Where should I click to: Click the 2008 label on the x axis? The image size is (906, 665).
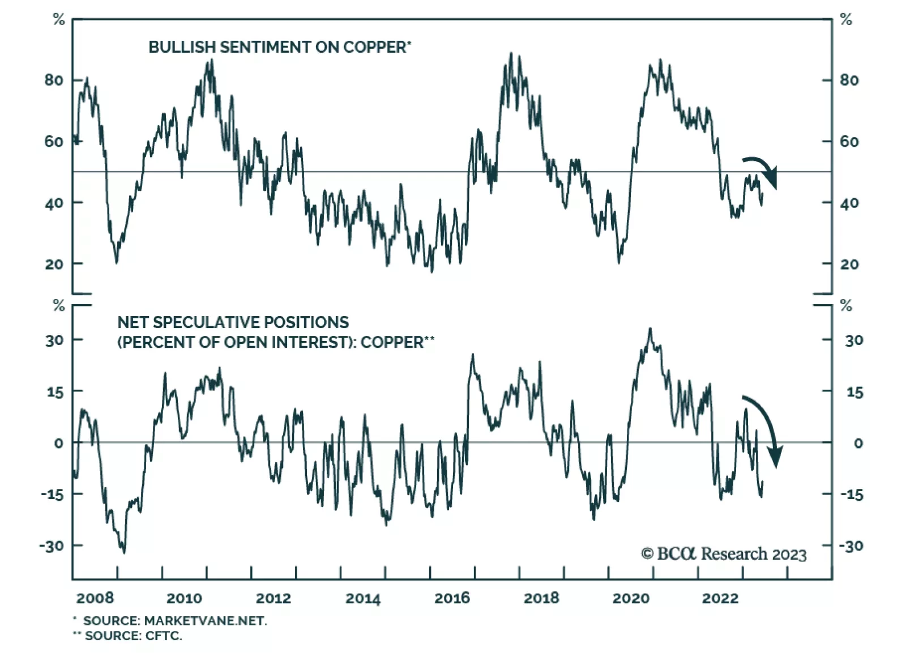point(95,598)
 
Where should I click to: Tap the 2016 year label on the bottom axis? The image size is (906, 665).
point(452,598)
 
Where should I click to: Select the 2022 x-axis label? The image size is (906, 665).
point(720,598)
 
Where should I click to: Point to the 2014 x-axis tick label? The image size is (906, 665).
point(363,598)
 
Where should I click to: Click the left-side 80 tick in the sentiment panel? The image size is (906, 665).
point(54,80)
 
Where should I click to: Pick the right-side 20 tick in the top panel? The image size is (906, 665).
point(849,264)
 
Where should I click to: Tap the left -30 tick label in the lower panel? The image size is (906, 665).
point(52,546)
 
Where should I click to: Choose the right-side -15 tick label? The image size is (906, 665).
point(851,495)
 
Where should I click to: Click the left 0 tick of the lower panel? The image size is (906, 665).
point(58,443)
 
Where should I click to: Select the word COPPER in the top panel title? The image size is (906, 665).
point(374,47)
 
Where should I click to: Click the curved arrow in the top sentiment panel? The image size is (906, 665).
point(762,170)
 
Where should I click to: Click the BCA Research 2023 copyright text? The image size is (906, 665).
point(724,553)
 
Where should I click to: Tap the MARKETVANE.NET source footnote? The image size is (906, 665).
point(175,621)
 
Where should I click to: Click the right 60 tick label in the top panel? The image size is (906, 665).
point(849,142)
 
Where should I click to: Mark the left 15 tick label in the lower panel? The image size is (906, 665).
point(55,391)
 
